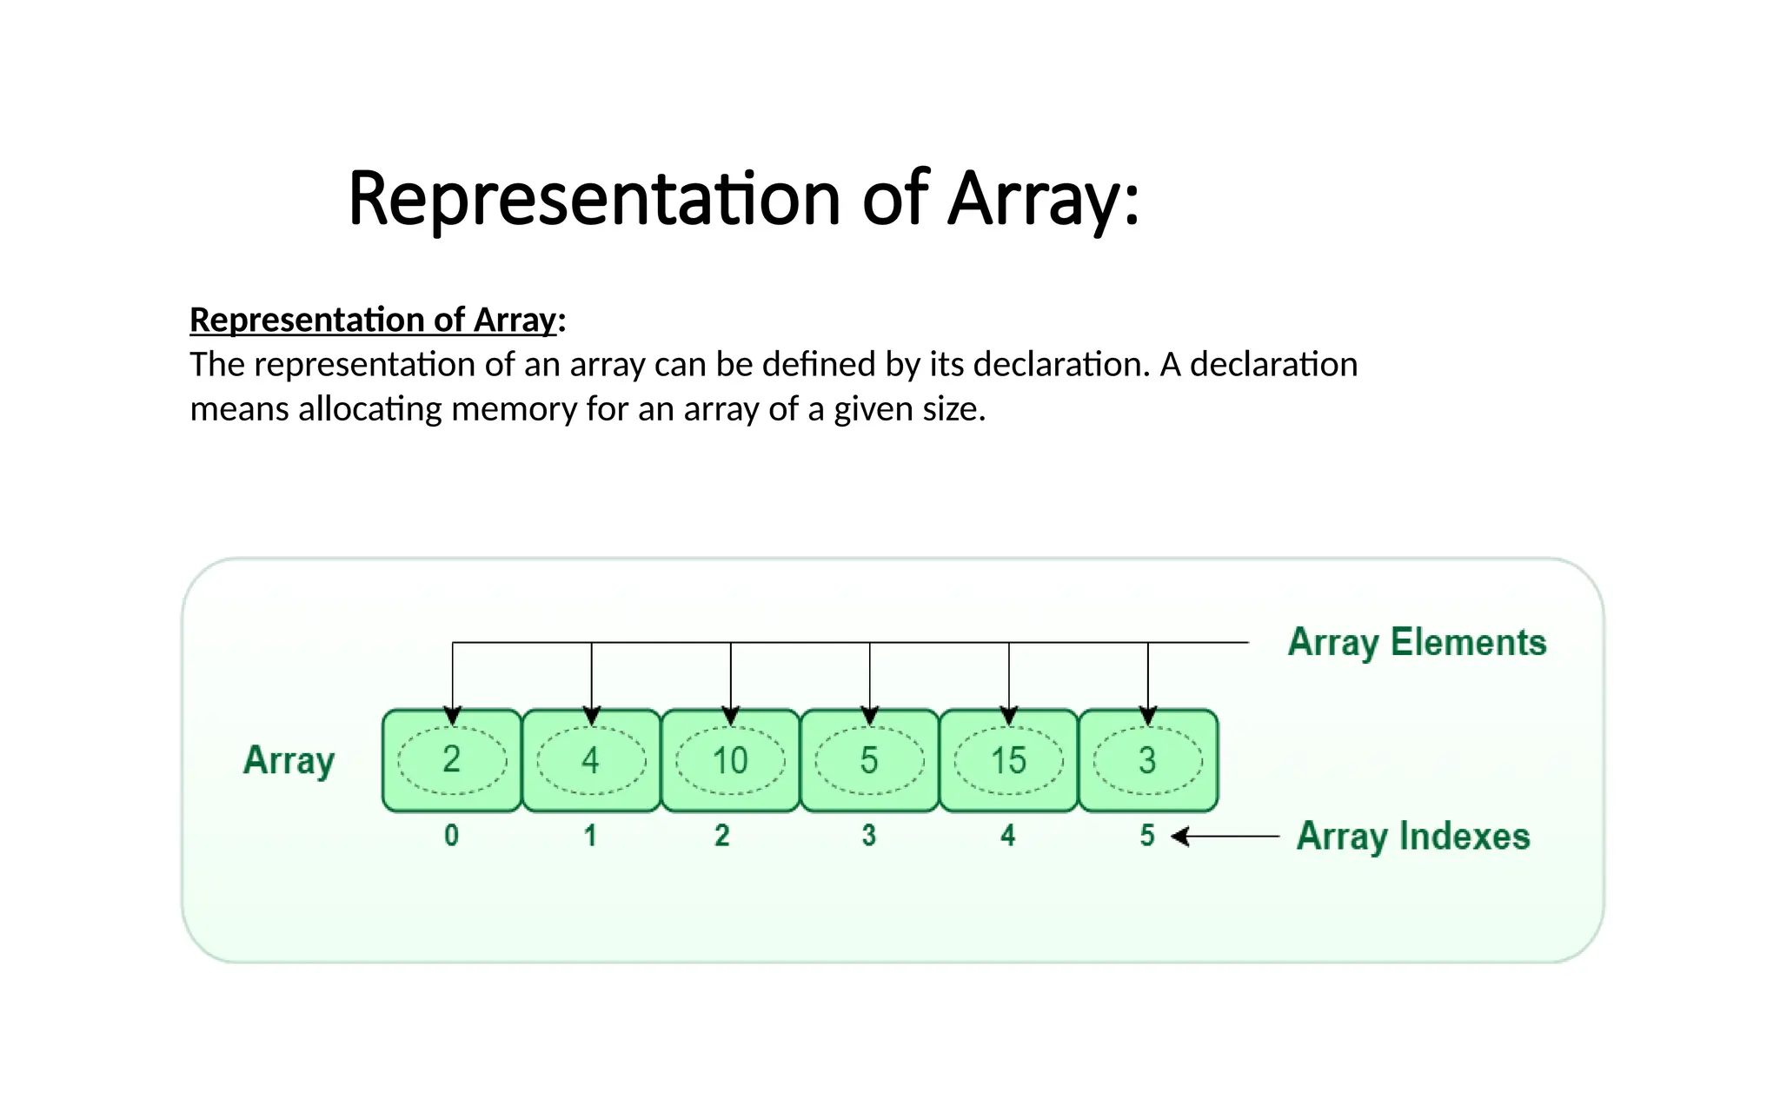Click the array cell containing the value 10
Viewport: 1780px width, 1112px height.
pos(730,761)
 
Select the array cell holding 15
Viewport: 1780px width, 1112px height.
pos(1008,761)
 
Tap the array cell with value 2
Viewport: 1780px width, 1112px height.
pos(452,761)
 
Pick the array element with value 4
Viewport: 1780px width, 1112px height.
pos(591,761)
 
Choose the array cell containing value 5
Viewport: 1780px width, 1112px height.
pos(869,761)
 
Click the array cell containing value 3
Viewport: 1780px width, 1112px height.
pos(1147,761)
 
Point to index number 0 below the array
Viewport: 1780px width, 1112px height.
pos(452,836)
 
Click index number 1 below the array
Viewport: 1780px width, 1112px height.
pos(590,836)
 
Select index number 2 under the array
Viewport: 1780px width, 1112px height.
pos(722,836)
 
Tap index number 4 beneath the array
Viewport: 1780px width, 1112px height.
pos(1007,836)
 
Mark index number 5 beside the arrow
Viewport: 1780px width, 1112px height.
pos(1147,836)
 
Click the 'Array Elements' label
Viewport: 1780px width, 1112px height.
pos(1417,643)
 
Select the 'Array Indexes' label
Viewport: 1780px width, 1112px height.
pos(1413,837)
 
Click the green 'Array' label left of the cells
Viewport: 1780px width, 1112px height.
pos(289,761)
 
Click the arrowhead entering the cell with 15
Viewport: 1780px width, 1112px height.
pos(1009,716)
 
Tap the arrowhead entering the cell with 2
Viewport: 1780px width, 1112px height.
pos(453,716)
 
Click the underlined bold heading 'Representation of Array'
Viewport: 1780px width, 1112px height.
pos(372,320)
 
